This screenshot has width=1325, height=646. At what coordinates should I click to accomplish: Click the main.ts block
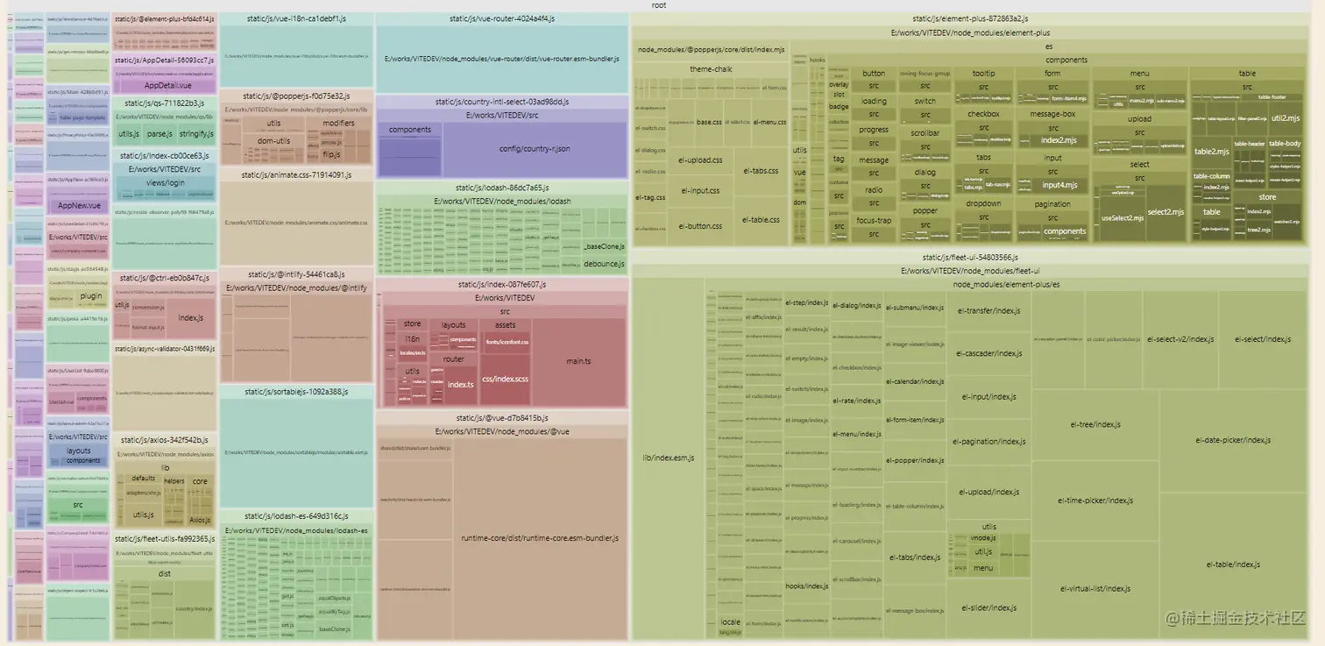pyautogui.click(x=578, y=361)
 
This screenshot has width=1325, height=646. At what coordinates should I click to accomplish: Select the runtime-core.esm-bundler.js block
pyautogui.click(x=540, y=537)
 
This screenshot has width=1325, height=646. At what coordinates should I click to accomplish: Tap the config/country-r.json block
pyautogui.click(x=535, y=149)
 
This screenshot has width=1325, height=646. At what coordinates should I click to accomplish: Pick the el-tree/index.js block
pyautogui.click(x=1095, y=424)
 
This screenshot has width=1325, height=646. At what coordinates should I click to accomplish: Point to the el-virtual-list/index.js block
pyautogui.click(x=1095, y=588)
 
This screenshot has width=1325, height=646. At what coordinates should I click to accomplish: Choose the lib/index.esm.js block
pyautogui.click(x=668, y=458)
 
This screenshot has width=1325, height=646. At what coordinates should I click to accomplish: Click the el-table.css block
pyautogui.click(x=762, y=219)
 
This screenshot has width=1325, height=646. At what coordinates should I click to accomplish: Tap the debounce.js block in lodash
pyautogui.click(x=604, y=263)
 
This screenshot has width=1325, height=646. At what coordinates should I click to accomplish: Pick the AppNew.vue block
pyautogui.click(x=79, y=206)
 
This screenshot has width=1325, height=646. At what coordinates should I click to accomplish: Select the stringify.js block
pyautogui.click(x=196, y=134)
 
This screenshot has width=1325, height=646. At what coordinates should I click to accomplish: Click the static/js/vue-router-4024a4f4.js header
pyautogui.click(x=501, y=18)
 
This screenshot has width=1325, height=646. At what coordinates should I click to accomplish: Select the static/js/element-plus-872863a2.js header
pyautogui.click(x=969, y=18)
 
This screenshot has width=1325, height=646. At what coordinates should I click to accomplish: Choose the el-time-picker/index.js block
pyautogui.click(x=1095, y=500)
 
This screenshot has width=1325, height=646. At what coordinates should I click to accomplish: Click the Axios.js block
pyautogui.click(x=200, y=520)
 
